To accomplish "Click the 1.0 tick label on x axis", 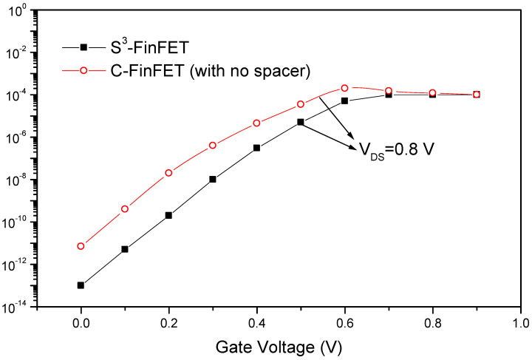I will click(520, 323).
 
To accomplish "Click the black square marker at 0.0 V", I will click(81, 285).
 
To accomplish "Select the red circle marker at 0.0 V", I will click(81, 246).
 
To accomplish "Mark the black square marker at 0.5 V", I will click(301, 122).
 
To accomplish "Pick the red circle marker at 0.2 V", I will click(168, 173).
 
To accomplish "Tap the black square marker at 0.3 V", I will click(213, 179).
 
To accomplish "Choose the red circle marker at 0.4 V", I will click(256, 123).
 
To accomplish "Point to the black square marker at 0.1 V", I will click(125, 249).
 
